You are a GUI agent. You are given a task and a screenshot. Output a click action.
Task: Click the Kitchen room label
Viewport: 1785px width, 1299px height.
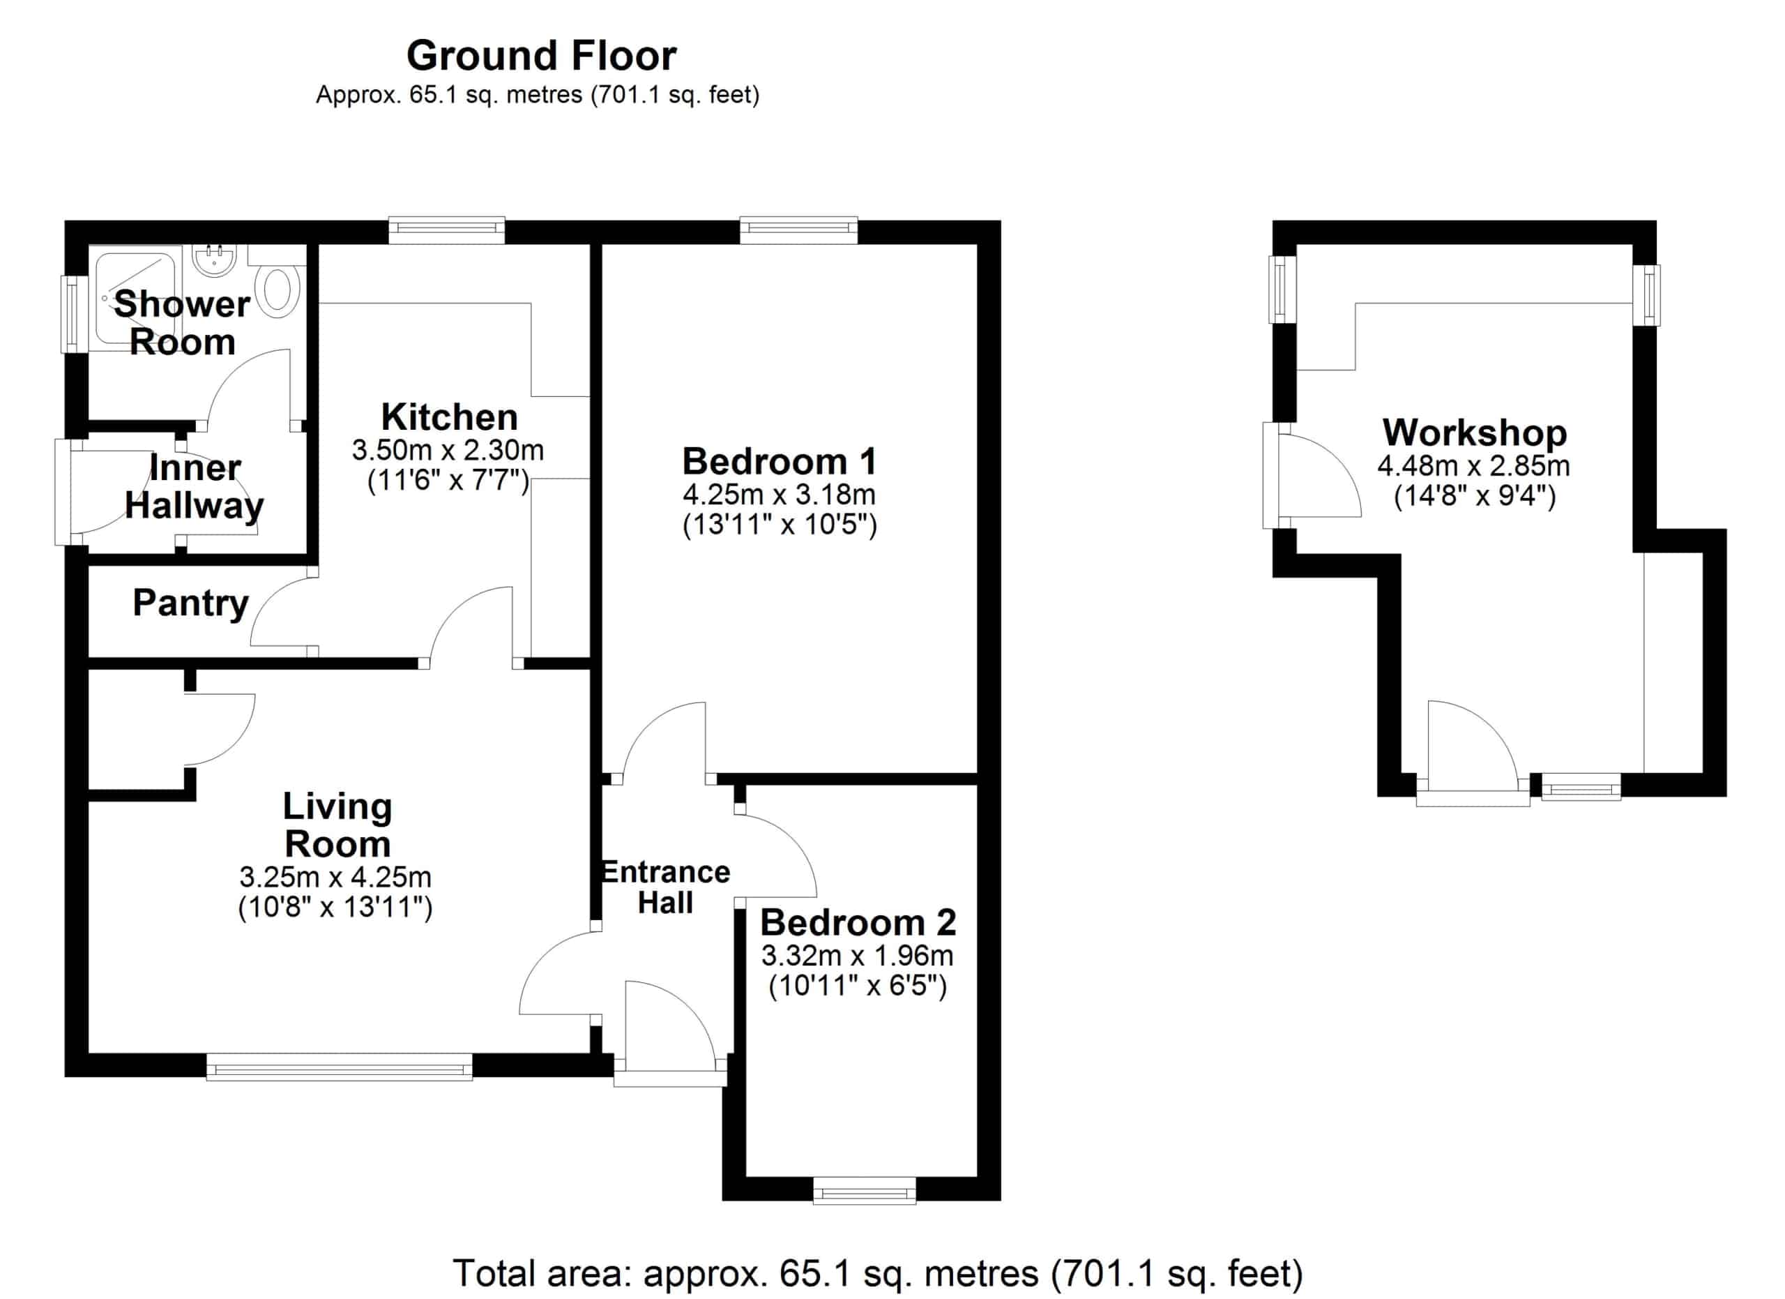pyautogui.click(x=450, y=416)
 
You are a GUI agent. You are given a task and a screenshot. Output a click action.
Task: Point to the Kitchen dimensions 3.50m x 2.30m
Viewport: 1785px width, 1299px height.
pyautogui.click(x=448, y=450)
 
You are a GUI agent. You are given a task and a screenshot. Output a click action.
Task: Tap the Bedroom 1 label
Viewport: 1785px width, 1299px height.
pyautogui.click(x=779, y=461)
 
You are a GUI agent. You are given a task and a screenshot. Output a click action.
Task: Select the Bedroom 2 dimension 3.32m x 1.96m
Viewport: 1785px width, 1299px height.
pyautogui.click(x=857, y=956)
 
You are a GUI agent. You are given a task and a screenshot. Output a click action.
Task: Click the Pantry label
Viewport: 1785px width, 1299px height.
pyautogui.click(x=190, y=604)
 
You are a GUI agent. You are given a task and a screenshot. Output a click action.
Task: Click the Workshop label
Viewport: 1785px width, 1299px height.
pyautogui.click(x=1474, y=433)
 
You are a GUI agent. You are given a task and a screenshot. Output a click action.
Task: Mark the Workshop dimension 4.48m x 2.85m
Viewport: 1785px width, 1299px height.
pyautogui.click(x=1473, y=466)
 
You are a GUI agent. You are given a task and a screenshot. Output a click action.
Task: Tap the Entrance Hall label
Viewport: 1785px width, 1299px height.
pyautogui.click(x=666, y=887)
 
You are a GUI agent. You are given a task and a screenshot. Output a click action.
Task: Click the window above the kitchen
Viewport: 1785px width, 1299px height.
pyautogui.click(x=446, y=229)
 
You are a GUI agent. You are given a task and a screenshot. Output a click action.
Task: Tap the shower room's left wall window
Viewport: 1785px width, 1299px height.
pyautogui.click(x=74, y=314)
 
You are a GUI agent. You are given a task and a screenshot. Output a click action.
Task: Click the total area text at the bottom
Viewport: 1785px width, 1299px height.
pyautogui.click(x=878, y=1273)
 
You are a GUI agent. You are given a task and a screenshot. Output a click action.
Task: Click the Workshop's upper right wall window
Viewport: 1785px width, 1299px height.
pyautogui.click(x=1646, y=295)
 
